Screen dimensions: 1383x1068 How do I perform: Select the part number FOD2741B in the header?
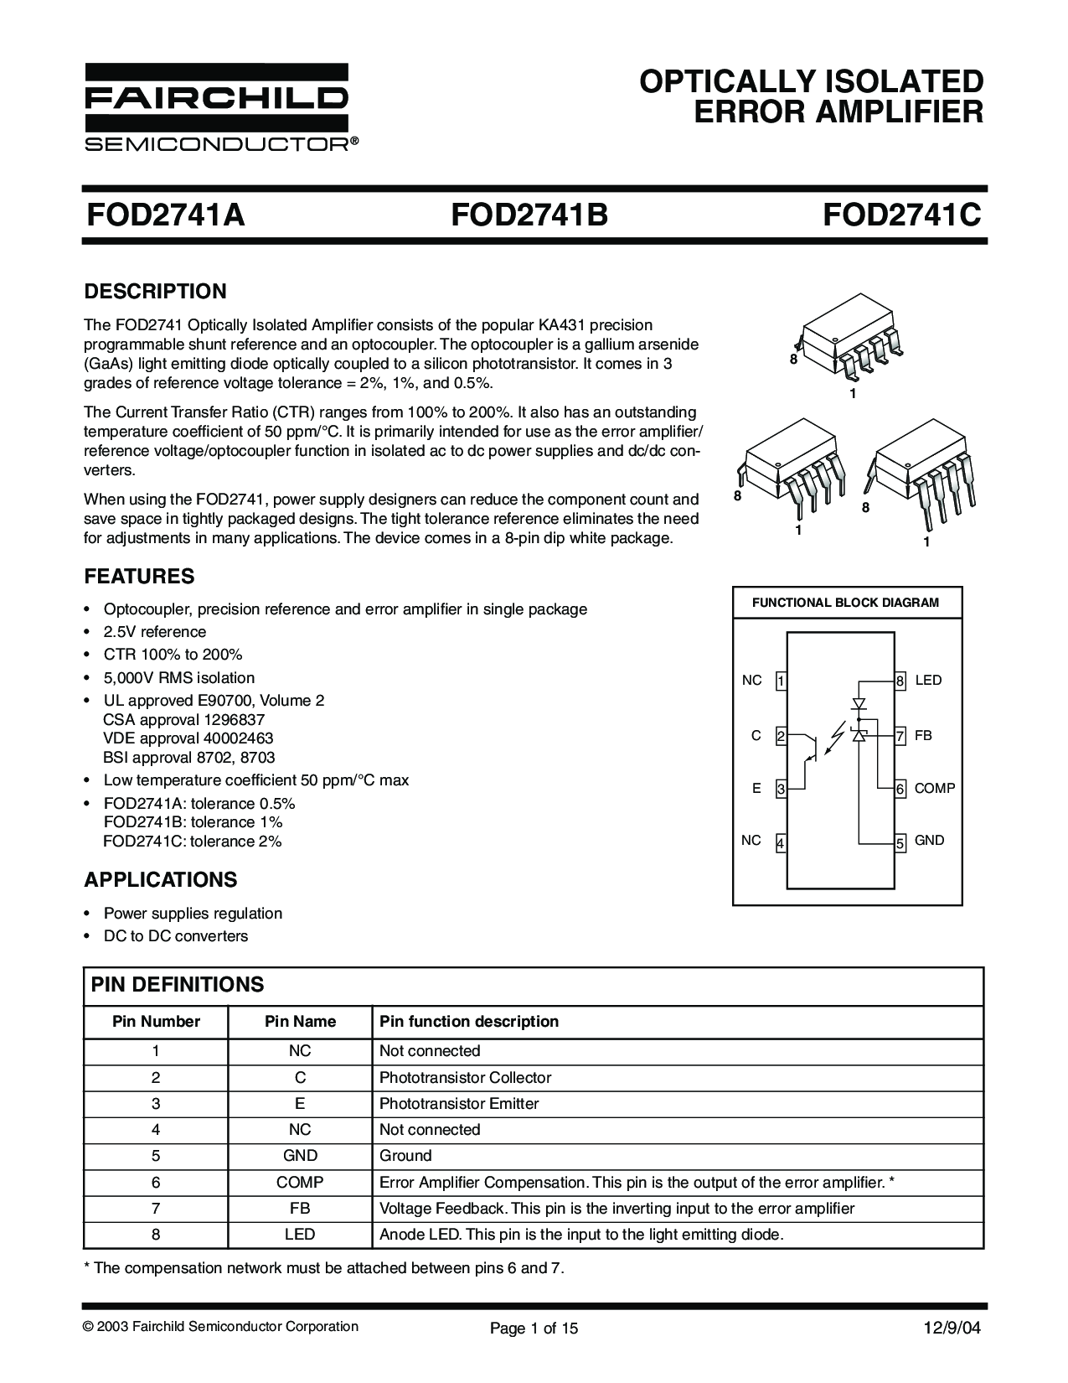529,215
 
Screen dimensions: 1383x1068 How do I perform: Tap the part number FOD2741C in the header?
901,215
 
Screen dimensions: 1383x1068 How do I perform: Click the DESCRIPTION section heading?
155,292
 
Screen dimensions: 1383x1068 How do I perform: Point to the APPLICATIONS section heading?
161,880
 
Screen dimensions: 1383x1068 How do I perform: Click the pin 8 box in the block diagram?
900,681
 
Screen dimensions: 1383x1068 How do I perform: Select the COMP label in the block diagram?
935,789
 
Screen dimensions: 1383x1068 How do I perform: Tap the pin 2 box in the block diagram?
780,737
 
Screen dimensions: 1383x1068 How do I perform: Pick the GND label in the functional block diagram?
930,841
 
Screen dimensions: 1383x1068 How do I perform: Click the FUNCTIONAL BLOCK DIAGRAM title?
846,603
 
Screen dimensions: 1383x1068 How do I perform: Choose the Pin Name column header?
300,1022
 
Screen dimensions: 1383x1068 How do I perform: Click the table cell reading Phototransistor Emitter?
459,1104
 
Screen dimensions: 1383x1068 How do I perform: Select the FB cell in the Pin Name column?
300,1209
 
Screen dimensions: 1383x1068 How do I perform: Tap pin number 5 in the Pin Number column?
156,1156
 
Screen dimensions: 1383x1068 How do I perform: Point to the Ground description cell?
405,1156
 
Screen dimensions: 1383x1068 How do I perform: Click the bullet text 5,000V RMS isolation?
178,678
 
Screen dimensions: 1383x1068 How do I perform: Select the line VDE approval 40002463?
188,738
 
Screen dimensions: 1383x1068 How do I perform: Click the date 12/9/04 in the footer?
952,1328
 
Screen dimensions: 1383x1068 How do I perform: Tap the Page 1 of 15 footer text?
534,1328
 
